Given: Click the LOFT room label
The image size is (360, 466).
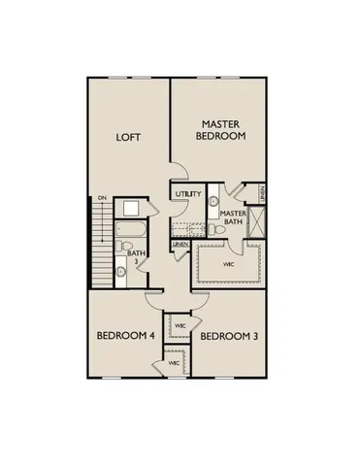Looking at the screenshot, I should pyautogui.click(x=129, y=137).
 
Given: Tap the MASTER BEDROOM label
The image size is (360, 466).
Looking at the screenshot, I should pyautogui.click(x=222, y=131).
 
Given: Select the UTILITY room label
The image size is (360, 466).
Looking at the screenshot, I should pyautogui.click(x=188, y=194).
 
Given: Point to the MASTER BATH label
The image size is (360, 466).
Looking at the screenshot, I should pyautogui.click(x=233, y=218).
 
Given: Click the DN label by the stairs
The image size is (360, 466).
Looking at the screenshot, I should pyautogui.click(x=101, y=198).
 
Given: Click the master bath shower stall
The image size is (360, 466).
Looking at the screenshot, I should pyautogui.click(x=257, y=221).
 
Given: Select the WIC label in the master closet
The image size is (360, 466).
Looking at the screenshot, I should pyautogui.click(x=229, y=263).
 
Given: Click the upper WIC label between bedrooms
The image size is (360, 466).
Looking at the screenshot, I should pyautogui.click(x=180, y=325).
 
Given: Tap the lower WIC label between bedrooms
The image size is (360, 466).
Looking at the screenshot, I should pyautogui.click(x=174, y=362).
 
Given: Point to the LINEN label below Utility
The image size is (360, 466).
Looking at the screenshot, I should pyautogui.click(x=180, y=244).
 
